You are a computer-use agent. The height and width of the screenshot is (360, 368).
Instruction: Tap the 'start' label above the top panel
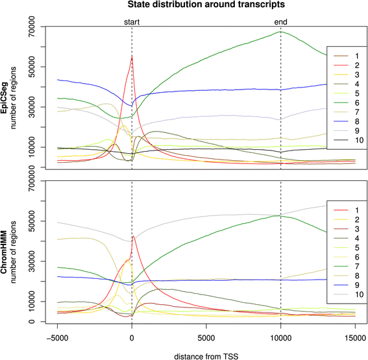[132, 22]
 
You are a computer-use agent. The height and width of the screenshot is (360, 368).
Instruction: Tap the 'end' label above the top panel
[280, 22]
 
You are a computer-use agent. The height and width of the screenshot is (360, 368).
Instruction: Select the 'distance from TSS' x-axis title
[206, 354]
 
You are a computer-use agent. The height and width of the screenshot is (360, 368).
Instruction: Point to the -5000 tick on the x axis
[57, 337]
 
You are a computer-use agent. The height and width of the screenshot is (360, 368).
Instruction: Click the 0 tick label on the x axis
[132, 337]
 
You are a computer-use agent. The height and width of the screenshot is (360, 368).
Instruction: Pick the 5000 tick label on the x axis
[206, 337]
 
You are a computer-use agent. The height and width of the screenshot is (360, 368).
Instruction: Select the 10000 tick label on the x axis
[280, 337]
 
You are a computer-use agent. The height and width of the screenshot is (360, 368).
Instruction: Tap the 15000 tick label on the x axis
[355, 337]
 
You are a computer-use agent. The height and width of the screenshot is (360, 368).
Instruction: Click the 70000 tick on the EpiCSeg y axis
[32, 27]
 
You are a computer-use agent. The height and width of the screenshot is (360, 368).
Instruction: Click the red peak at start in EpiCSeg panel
[132, 56]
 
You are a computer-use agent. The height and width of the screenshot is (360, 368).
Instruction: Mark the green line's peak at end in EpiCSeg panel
[280, 32]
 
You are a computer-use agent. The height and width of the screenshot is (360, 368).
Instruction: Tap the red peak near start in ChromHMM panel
[133, 236]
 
